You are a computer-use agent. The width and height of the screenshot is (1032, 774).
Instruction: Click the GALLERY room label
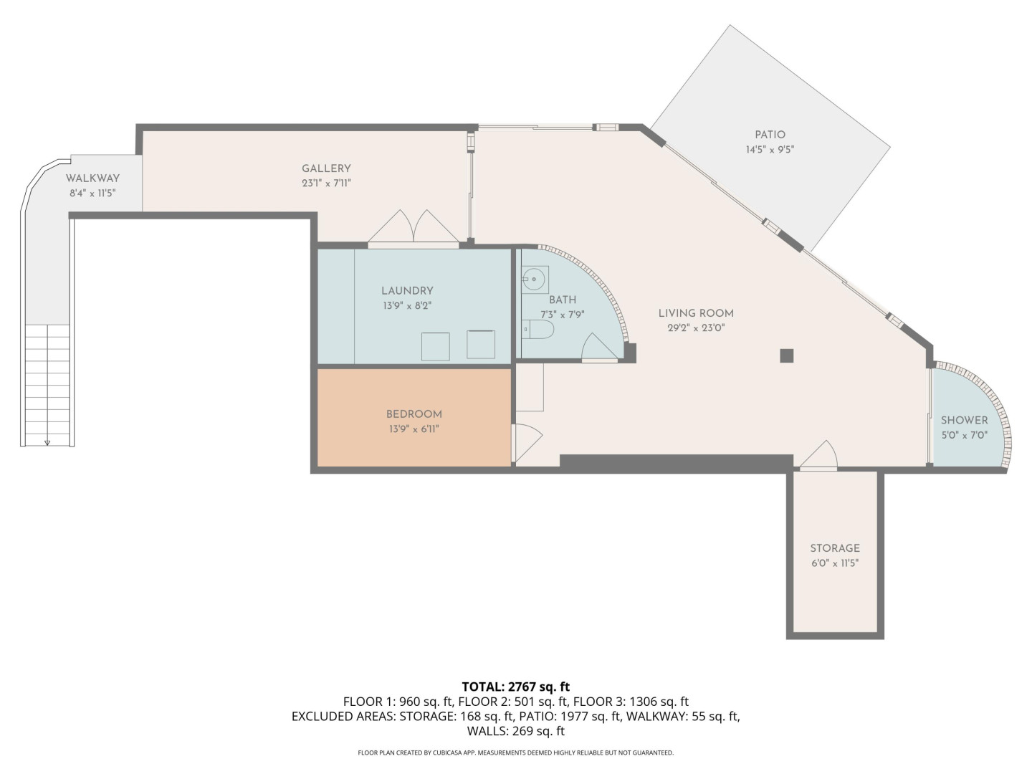[326, 168]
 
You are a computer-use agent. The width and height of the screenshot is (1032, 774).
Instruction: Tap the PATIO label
[770, 135]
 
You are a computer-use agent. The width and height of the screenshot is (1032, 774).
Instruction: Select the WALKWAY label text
[92, 178]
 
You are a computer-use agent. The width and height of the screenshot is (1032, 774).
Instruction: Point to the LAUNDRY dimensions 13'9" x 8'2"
[407, 305]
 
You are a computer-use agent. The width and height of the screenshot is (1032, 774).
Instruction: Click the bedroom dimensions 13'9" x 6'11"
[414, 429]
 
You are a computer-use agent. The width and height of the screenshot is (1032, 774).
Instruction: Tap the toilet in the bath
[537, 329]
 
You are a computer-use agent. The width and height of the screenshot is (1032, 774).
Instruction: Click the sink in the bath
[535, 279]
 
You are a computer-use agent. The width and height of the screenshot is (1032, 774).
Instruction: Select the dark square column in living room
[787, 355]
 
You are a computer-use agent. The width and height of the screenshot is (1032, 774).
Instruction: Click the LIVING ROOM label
[696, 313]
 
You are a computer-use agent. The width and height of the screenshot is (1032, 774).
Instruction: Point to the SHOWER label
[965, 420]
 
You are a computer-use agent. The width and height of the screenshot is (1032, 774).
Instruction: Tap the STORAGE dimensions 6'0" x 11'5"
[835, 563]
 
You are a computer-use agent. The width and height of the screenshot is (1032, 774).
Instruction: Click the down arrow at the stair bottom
[47, 442]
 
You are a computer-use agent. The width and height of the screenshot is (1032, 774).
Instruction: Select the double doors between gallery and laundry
[413, 228]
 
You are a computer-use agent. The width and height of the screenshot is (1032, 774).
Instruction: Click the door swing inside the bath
[599, 348]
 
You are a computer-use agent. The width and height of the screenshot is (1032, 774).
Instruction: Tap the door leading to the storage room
[818, 455]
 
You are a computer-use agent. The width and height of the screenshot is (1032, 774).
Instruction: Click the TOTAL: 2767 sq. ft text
[516, 687]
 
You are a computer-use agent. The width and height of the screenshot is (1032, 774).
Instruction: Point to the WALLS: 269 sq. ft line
[516, 731]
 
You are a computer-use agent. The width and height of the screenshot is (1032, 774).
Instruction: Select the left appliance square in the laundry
[435, 347]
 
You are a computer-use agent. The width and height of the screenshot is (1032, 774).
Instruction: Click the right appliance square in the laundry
[480, 345]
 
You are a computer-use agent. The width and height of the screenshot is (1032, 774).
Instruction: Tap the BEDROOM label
[414, 414]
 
